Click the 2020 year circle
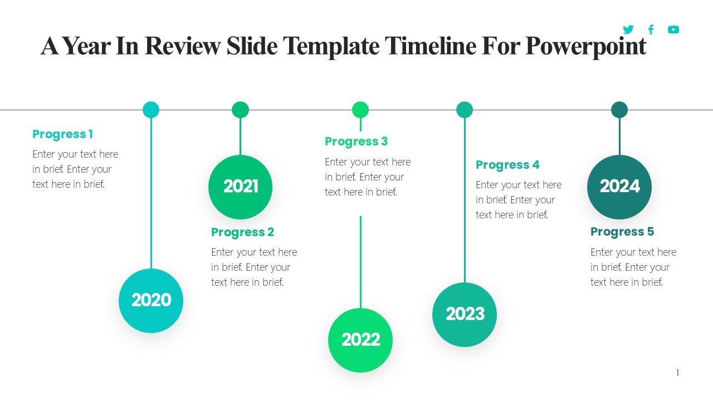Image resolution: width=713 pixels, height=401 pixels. [x=151, y=301]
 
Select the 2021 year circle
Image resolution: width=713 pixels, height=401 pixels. [x=240, y=187]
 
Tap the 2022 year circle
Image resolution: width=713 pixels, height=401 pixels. [x=360, y=340]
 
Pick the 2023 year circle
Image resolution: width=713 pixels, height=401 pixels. [x=465, y=315]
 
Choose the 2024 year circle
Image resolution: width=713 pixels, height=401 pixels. [x=619, y=187]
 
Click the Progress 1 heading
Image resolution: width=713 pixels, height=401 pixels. [x=63, y=134]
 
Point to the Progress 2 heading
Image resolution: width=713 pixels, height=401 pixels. [x=242, y=232]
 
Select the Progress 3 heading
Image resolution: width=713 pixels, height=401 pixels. [x=356, y=141]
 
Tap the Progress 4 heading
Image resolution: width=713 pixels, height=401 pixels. [x=507, y=165]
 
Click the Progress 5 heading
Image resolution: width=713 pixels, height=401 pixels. [x=622, y=232]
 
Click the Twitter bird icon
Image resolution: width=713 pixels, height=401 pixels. [x=628, y=30]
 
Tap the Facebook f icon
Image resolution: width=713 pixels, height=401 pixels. [x=651, y=30]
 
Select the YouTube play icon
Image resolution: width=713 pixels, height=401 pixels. [x=673, y=30]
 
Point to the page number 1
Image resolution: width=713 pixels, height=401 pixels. [x=678, y=373]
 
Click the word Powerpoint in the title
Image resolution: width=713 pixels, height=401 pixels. [x=585, y=46]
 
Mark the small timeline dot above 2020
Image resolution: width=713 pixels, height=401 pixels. [x=151, y=110]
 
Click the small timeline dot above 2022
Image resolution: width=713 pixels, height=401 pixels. [x=360, y=110]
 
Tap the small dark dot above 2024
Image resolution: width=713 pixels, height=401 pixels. [x=619, y=110]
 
